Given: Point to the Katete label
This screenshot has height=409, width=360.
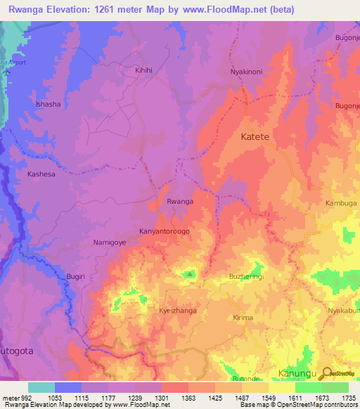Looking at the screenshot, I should click(255, 137).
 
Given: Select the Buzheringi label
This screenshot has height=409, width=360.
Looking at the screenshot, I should click(247, 277).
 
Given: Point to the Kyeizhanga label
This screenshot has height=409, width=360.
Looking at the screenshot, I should click(178, 310).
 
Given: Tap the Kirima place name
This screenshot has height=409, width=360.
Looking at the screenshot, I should click(241, 318).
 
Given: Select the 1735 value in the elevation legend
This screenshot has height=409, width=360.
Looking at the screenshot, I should click(347, 398).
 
